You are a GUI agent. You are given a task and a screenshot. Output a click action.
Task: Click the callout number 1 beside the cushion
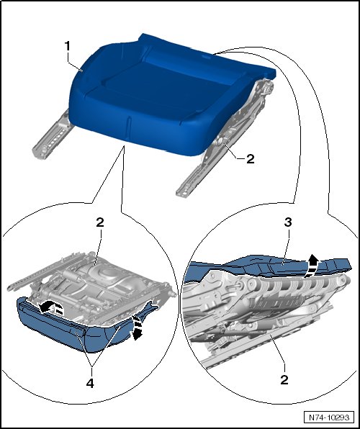[x=68, y=46]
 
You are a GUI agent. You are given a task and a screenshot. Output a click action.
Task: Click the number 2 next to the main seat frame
[x=251, y=159]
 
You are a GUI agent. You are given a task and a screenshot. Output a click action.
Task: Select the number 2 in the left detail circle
[x=100, y=222]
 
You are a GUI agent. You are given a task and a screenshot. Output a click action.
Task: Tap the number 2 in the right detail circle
[x=284, y=380]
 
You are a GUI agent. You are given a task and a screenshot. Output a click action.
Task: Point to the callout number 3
[x=288, y=222]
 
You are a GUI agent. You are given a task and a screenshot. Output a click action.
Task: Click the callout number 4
[x=90, y=384]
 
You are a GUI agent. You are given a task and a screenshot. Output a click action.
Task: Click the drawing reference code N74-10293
[x=329, y=417]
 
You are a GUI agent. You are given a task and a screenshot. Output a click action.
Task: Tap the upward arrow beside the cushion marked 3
[x=312, y=266]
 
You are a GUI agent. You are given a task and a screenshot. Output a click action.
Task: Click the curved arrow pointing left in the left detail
[x=51, y=307]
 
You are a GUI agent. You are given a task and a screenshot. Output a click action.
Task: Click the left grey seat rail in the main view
[x=52, y=134]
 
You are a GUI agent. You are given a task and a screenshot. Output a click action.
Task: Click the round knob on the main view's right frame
[x=220, y=142]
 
